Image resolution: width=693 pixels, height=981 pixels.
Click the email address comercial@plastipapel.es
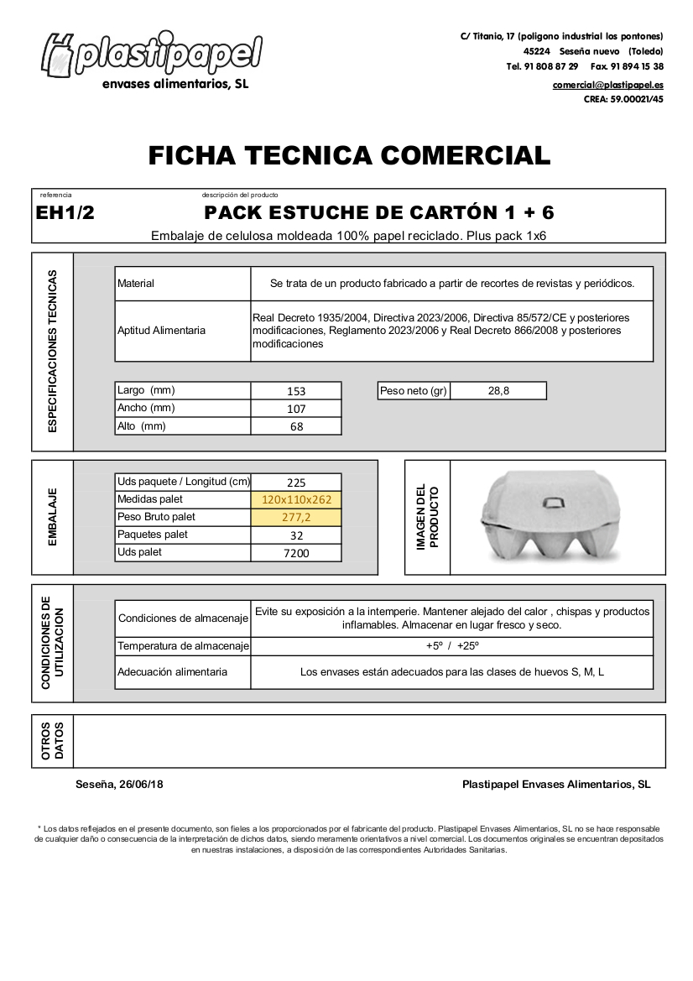(x=607, y=85)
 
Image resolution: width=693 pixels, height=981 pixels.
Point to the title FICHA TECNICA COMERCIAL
(x=349, y=155)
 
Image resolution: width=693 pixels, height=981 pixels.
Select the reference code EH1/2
(x=65, y=212)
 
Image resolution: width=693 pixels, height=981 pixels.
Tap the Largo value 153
(x=296, y=391)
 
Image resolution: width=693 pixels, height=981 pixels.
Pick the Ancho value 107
(x=296, y=409)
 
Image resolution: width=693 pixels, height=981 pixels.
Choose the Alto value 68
(x=296, y=426)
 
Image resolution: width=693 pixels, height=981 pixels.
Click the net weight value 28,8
(x=498, y=390)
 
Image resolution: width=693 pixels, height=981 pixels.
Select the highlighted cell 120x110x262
(x=296, y=500)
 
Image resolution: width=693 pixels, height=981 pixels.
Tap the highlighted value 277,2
(x=296, y=518)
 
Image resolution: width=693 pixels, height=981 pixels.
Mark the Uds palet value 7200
(x=296, y=553)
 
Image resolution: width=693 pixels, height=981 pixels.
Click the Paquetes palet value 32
(x=296, y=535)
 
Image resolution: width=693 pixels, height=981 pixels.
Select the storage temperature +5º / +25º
(x=451, y=646)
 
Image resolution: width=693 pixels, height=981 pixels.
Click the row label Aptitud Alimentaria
(x=161, y=331)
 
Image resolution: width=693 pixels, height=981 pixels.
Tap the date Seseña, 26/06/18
(x=119, y=785)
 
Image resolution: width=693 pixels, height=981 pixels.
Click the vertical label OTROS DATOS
(x=52, y=741)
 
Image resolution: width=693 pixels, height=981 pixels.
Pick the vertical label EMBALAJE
(x=52, y=517)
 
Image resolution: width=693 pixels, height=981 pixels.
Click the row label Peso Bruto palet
(x=156, y=517)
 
